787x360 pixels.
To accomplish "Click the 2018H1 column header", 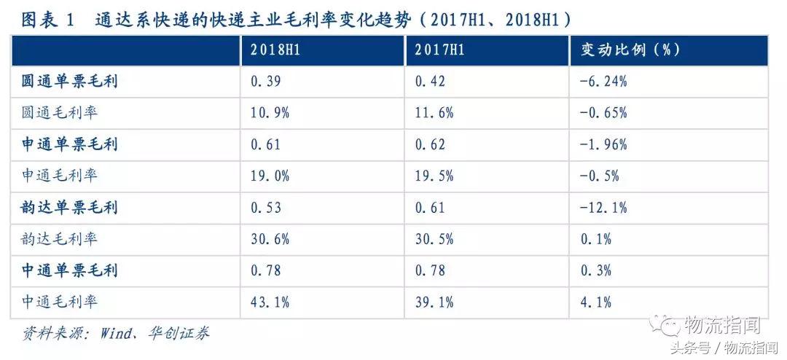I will (273, 50).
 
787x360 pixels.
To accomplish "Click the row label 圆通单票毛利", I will (70, 81).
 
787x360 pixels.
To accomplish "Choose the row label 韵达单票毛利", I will (70, 207).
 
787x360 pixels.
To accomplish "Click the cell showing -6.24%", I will (604, 81).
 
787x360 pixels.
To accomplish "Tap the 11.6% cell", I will (434, 113).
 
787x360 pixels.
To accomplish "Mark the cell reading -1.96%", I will (604, 144).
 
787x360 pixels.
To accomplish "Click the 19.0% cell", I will (270, 176).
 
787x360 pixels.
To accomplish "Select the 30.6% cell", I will (270, 239).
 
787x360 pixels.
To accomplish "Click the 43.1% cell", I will (270, 302).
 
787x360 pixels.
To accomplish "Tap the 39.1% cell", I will (434, 302).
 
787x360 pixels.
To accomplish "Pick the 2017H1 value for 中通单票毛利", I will (430, 270).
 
